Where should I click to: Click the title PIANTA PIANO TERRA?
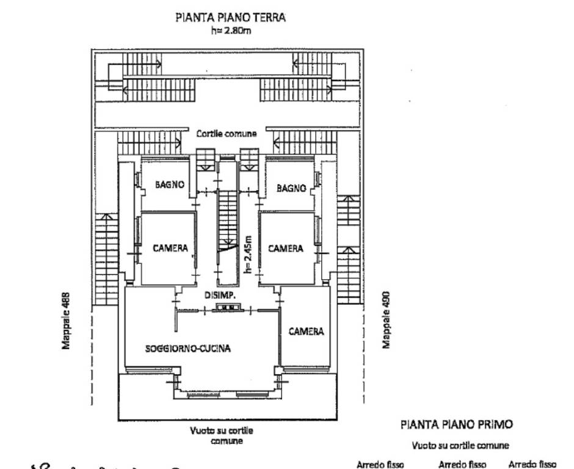[230, 18]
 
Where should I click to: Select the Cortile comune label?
[226, 133]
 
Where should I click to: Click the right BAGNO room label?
[291, 188]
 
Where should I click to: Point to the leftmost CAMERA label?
[170, 248]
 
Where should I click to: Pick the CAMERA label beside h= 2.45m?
[285, 248]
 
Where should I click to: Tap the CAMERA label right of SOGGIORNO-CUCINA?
[306, 331]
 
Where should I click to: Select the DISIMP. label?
[220, 296]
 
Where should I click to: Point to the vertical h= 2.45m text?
[247, 255]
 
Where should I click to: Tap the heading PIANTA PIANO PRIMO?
[456, 424]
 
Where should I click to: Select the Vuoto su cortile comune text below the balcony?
[220, 435]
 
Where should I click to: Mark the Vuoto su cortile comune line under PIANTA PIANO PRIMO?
[460, 446]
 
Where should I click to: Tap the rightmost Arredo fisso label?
[532, 464]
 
